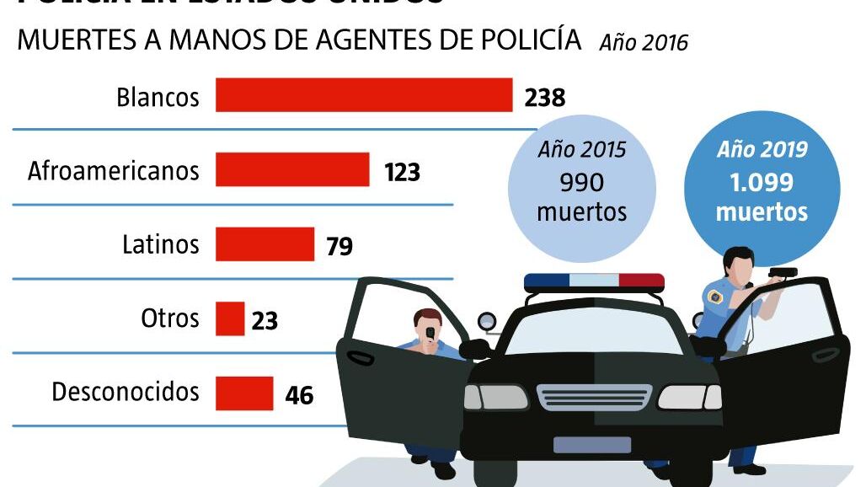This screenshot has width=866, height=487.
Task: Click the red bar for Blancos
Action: tap(364, 95)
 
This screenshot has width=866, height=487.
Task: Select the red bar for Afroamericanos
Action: tap(292, 169)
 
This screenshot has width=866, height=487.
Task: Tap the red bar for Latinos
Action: tap(265, 244)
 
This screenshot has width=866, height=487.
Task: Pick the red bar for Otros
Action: tap(230, 319)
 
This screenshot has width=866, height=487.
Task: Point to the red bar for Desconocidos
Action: tap(244, 393)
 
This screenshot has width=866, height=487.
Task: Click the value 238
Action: tap(544, 98)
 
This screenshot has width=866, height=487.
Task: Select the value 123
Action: tap(402, 173)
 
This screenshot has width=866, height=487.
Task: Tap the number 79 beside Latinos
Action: tap(339, 247)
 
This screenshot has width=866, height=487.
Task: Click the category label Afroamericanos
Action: tap(114, 171)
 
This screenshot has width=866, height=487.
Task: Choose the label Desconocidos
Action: tap(126, 393)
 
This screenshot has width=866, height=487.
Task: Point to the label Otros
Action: tap(170, 318)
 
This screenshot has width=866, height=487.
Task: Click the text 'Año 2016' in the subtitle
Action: tap(644, 42)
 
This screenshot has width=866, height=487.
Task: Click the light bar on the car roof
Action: tap(594, 281)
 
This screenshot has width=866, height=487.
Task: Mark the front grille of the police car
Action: tap(594, 396)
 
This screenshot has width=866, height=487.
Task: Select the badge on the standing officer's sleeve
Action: tap(715, 297)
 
